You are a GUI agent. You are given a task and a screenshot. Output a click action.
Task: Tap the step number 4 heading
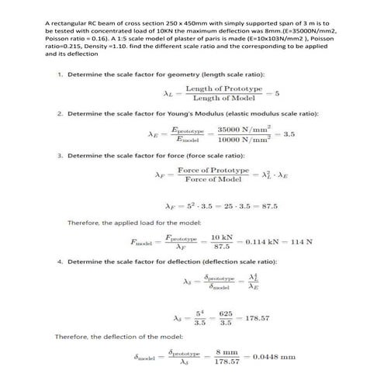tap(60, 262)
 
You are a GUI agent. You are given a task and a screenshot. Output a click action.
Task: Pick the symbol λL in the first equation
tap(167, 95)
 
